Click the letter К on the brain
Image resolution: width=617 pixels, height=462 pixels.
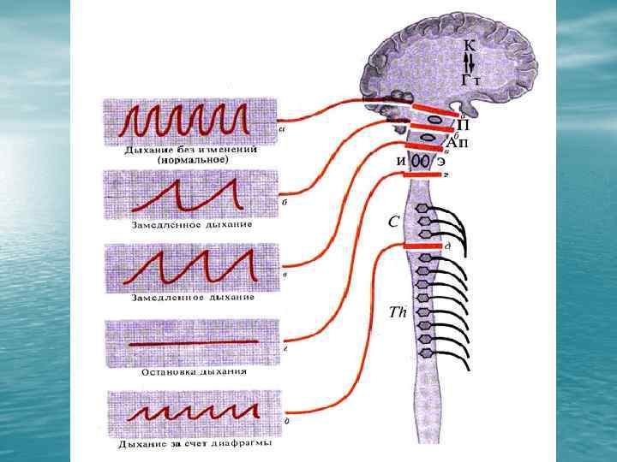click(470, 44)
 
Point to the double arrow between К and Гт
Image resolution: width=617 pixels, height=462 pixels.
click(470, 62)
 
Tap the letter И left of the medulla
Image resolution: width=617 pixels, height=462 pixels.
click(400, 161)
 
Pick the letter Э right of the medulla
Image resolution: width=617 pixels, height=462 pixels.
click(440, 161)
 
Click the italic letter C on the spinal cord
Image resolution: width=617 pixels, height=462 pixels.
click(392, 222)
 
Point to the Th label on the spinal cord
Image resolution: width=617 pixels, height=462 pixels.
click(396, 313)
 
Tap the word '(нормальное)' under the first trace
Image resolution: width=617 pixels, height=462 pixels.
click(191, 160)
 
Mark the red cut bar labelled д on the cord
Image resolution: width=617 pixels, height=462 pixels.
click(421, 246)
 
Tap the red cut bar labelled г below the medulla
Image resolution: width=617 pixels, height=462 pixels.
click(421, 175)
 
